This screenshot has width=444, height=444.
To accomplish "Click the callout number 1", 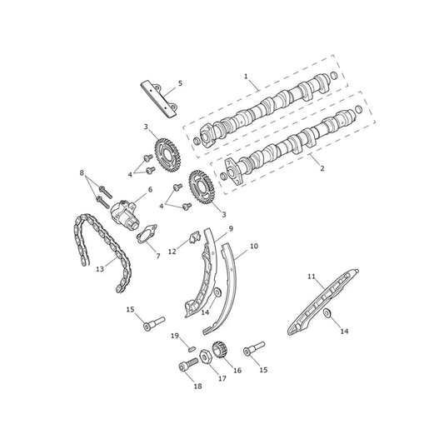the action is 246,76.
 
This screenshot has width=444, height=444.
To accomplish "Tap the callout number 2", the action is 322,168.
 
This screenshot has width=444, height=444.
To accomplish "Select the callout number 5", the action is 181,83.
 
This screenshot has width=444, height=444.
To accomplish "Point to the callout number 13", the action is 100,269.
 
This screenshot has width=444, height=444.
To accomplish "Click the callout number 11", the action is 312,277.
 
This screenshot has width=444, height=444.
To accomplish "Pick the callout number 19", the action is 175,336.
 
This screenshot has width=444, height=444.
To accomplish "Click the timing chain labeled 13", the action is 102,252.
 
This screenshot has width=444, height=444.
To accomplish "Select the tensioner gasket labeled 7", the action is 147,234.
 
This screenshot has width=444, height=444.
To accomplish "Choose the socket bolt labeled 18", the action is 188,364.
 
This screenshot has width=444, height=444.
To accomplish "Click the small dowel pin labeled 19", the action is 191,348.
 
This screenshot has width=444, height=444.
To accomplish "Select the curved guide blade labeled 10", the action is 224,289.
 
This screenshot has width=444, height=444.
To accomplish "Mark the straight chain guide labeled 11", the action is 323,302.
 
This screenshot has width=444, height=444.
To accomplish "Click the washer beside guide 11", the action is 328,313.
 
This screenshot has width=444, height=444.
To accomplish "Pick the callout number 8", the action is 82,172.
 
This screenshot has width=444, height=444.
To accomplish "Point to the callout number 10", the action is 254,246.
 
